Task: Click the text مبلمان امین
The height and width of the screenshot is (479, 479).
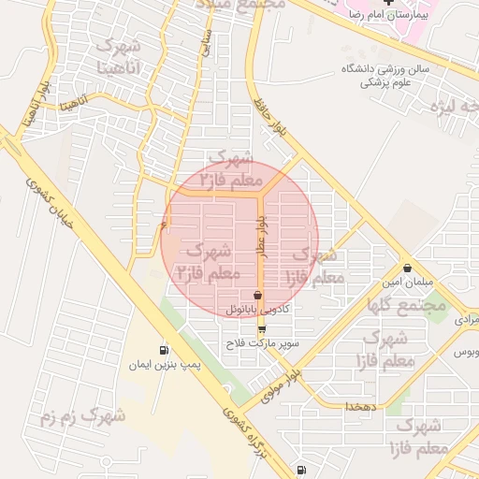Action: pyautogui.click(x=403, y=282)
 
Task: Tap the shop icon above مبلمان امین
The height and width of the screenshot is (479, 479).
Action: pyautogui.click(x=407, y=268)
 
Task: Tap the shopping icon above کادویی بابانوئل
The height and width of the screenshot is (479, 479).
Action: pyautogui.click(x=257, y=295)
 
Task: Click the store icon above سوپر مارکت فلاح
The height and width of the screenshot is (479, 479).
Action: pyautogui.click(x=261, y=329)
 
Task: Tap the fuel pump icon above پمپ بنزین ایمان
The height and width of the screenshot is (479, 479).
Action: pyautogui.click(x=165, y=349)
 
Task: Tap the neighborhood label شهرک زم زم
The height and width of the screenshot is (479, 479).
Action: pyautogui.click(x=82, y=416)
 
